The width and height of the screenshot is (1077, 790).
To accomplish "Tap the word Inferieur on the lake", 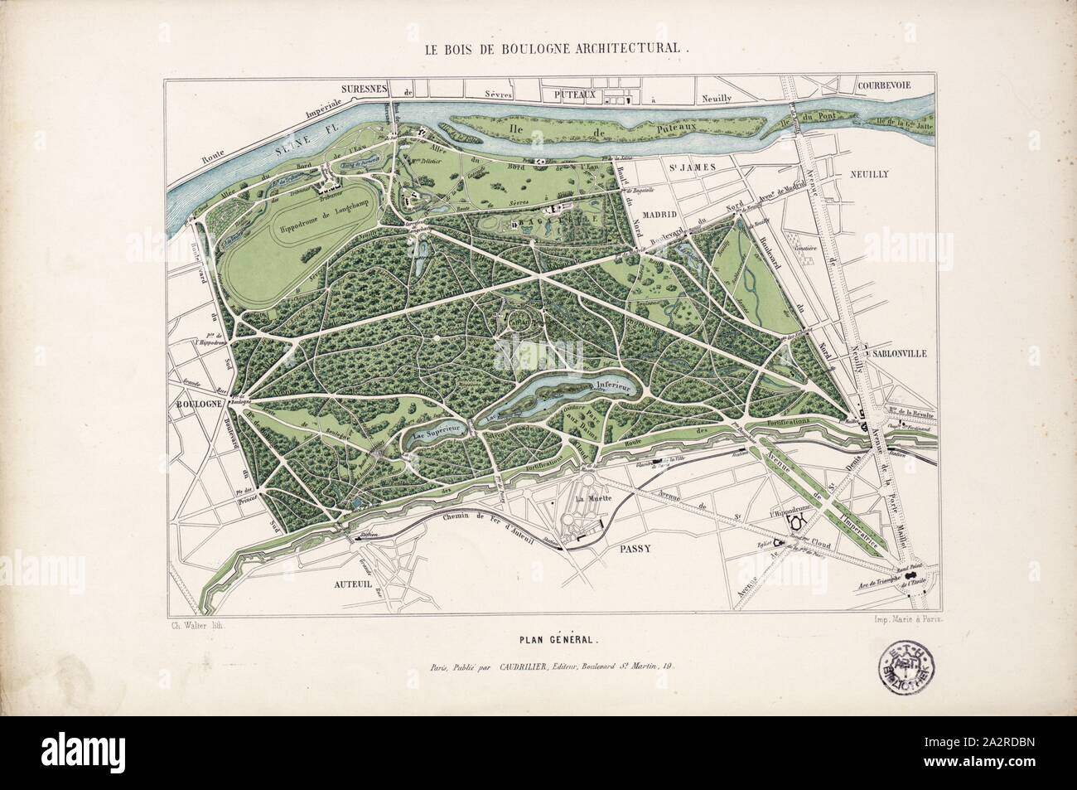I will pos(611,385).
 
